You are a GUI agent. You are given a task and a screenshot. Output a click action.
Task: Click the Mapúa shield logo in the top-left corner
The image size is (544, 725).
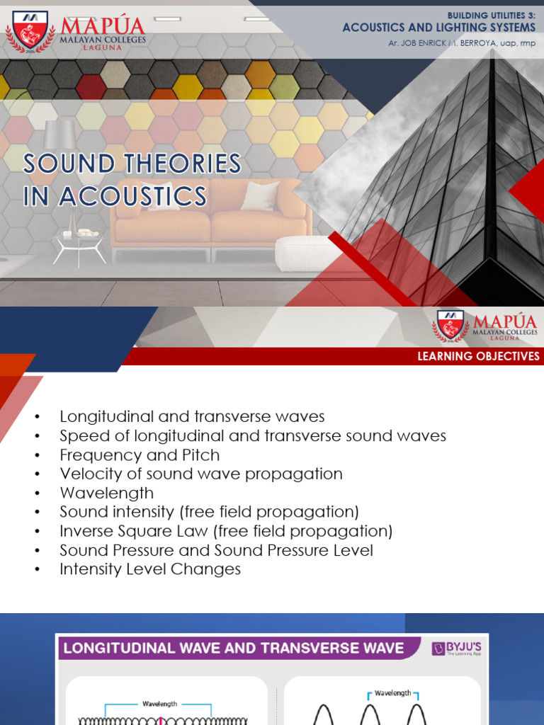coord(30,29)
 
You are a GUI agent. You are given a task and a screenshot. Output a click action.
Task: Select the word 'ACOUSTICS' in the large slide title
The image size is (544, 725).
coord(133,196)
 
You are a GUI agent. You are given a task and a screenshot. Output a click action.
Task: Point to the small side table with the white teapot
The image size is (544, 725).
coord(79,244)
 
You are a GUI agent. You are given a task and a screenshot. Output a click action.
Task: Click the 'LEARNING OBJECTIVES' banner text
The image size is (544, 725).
coord(478,356)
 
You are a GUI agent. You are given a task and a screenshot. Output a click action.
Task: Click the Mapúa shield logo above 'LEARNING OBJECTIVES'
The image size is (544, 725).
coord(450,326)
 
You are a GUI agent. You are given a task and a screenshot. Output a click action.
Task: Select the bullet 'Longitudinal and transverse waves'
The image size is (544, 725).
coord(192,416)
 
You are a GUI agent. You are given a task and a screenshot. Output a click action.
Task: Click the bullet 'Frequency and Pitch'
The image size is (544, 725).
coord(140,455)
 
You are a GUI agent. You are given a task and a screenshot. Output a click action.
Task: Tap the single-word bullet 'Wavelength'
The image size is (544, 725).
coord(106,493)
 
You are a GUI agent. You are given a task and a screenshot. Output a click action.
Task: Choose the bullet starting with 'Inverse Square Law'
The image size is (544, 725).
coord(226,531)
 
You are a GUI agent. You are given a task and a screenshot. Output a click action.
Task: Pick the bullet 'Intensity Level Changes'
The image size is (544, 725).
coord(150,569)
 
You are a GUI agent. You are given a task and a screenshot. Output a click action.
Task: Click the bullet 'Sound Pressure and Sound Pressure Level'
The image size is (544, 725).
coord(216,550)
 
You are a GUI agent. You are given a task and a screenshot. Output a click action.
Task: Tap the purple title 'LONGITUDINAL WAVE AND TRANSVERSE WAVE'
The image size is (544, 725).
coord(234,648)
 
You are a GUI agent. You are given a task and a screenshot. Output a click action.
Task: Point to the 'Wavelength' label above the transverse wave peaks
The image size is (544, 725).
coord(392,694)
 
